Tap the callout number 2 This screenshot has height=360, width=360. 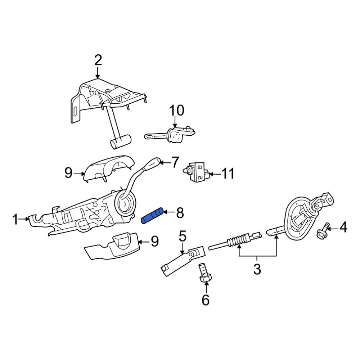98,60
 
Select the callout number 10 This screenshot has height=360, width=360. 177,110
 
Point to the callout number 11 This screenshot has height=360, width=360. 228,174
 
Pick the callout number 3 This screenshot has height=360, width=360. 257,269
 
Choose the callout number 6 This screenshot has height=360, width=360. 206,299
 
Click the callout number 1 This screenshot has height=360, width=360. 15,219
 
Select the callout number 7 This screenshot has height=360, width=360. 175,162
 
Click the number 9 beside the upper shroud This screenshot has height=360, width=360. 68,173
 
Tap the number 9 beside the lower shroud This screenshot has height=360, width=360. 154,241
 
